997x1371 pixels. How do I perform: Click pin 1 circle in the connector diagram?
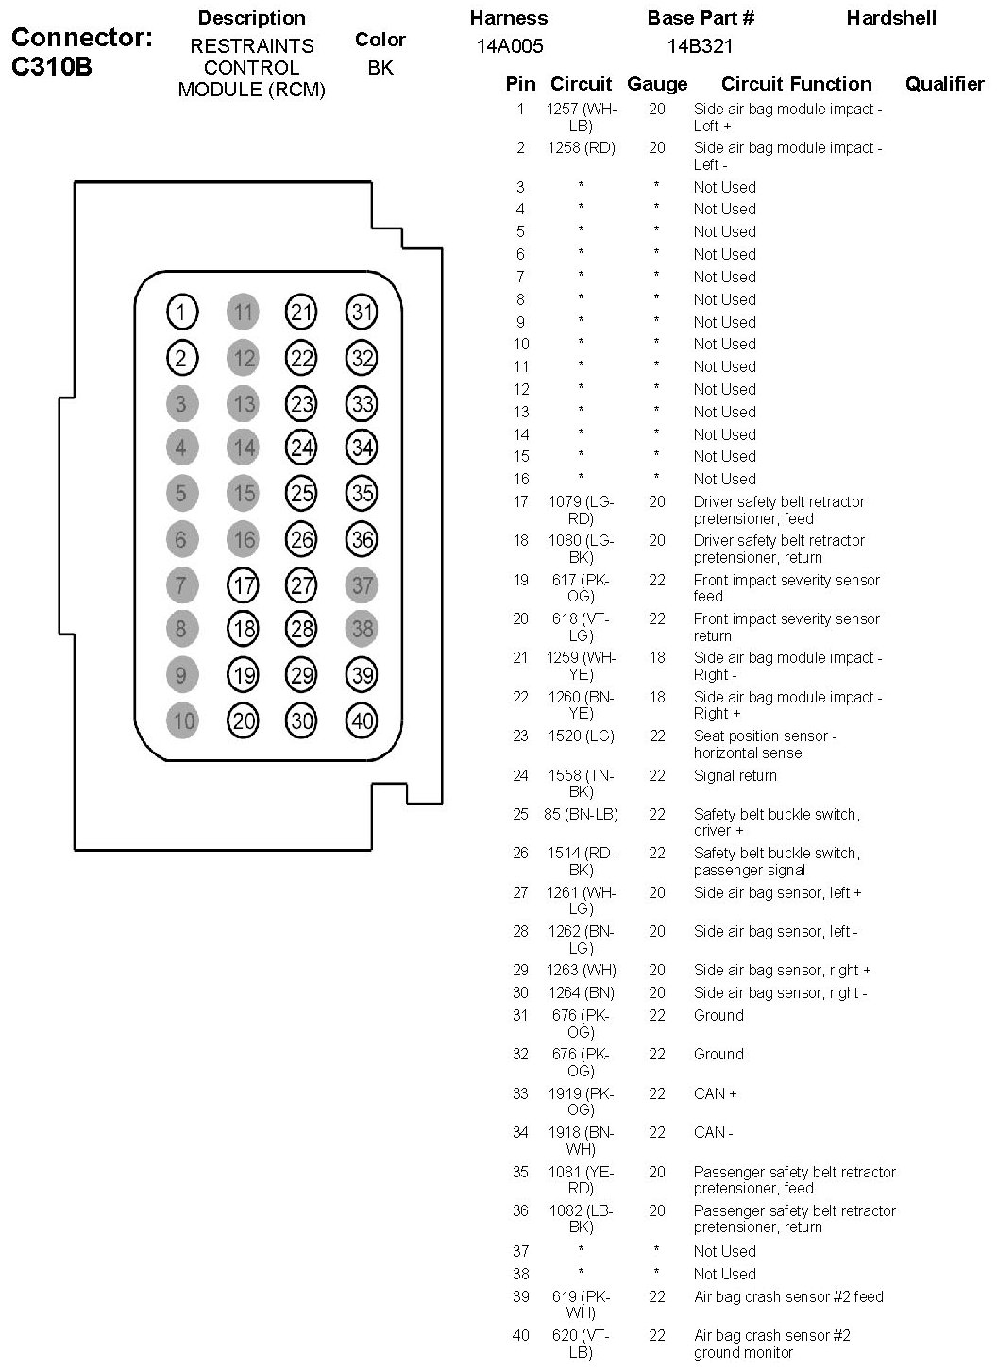[x=182, y=312]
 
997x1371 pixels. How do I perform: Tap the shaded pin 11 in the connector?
[x=244, y=312]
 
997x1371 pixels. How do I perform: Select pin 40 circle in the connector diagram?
[x=362, y=721]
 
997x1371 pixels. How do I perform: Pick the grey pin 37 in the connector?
[x=362, y=585]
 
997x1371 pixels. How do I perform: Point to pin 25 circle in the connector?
[x=301, y=493]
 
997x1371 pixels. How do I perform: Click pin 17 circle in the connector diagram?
[x=244, y=585]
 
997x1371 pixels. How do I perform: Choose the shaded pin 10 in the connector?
[x=182, y=721]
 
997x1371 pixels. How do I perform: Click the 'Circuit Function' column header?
[x=796, y=84]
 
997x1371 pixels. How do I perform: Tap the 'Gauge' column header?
[x=657, y=84]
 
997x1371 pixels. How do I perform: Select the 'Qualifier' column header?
[x=944, y=84]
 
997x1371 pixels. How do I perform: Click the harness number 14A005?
[x=510, y=46]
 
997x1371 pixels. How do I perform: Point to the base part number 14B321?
[x=700, y=46]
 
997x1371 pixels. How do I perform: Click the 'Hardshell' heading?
[x=891, y=18]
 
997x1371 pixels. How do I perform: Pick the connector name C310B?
[x=52, y=68]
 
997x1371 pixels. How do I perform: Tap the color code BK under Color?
[x=380, y=68]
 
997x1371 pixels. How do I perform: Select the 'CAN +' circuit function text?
[x=715, y=1093]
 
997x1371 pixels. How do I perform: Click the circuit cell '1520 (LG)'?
[x=581, y=736]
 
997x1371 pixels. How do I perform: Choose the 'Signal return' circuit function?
[x=735, y=775]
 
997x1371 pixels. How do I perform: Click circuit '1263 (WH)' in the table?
[x=581, y=970]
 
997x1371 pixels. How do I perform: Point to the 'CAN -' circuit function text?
[x=713, y=1132]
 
